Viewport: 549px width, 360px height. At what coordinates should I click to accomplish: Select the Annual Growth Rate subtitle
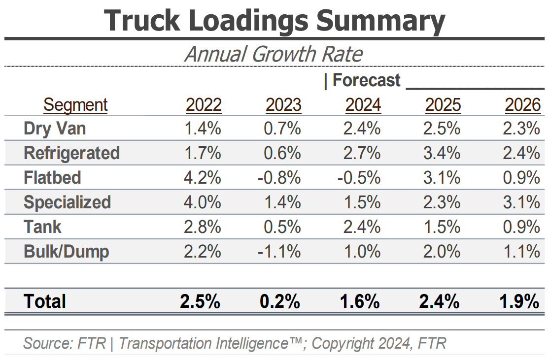(x=274, y=54)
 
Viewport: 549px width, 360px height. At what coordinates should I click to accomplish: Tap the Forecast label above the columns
(x=366, y=80)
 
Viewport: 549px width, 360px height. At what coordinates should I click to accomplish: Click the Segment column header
(x=75, y=105)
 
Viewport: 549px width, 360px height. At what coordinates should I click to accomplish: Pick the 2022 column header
(x=204, y=105)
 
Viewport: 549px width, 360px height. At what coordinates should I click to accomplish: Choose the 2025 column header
(x=443, y=105)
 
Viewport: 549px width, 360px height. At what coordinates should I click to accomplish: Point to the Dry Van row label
(x=55, y=129)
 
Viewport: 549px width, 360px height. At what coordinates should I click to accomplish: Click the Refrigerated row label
(x=71, y=153)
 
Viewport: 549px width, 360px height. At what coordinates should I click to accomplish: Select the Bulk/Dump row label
(x=66, y=252)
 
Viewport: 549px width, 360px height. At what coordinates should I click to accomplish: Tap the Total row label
(x=44, y=301)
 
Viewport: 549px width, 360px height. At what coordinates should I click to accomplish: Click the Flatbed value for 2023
(x=279, y=178)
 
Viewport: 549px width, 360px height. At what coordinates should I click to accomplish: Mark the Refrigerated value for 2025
(x=443, y=153)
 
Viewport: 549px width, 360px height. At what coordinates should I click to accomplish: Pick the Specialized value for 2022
(x=203, y=202)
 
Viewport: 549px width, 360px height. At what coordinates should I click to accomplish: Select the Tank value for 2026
(x=522, y=227)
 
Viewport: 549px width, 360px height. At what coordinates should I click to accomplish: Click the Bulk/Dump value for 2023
(x=279, y=252)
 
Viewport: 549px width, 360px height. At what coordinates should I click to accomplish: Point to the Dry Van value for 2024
(x=363, y=129)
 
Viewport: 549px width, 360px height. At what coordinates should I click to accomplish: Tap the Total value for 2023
(x=280, y=301)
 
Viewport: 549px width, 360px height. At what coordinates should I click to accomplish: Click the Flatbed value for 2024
(x=359, y=178)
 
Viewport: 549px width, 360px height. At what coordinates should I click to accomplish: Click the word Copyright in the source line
(x=347, y=343)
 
